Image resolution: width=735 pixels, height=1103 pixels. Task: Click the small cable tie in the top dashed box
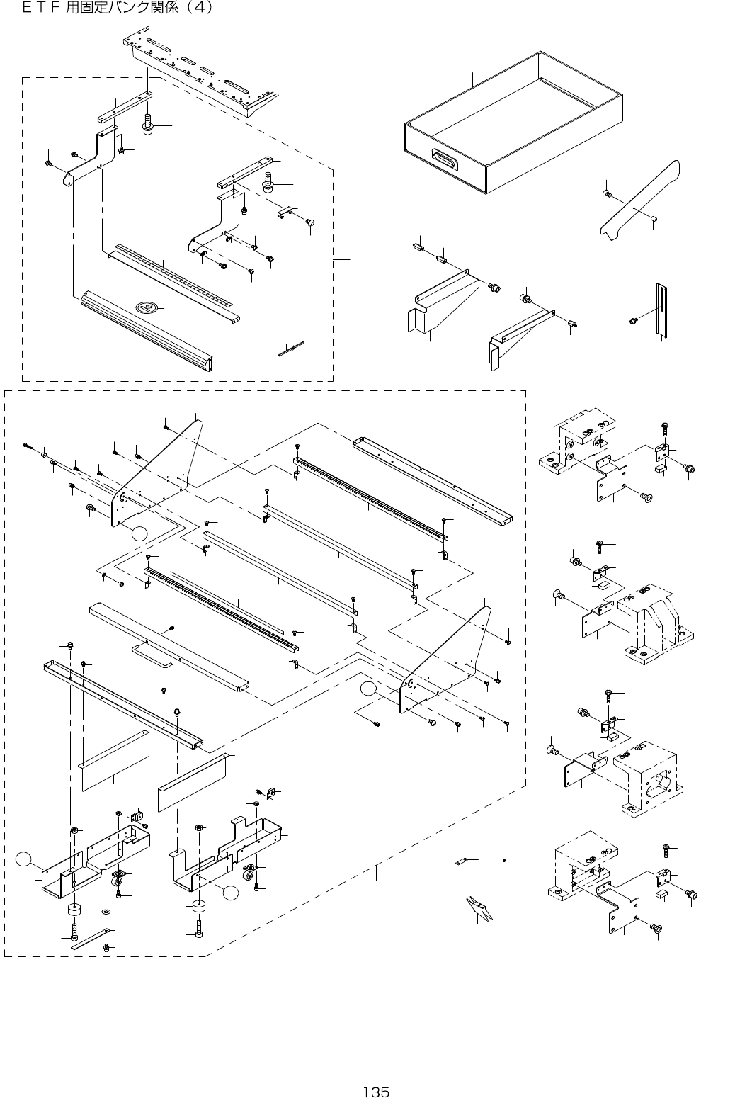[x=291, y=348]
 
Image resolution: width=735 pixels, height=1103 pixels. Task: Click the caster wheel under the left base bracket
[x=117, y=881]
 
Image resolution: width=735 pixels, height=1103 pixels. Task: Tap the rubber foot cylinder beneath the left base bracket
[x=73, y=909]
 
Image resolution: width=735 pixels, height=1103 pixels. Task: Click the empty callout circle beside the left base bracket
[x=24, y=860]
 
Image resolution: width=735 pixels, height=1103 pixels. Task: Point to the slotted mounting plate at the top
[x=202, y=74]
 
